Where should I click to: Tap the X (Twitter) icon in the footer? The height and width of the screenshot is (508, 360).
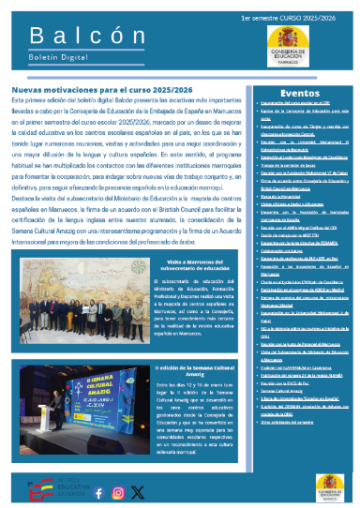[x=139, y=491]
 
